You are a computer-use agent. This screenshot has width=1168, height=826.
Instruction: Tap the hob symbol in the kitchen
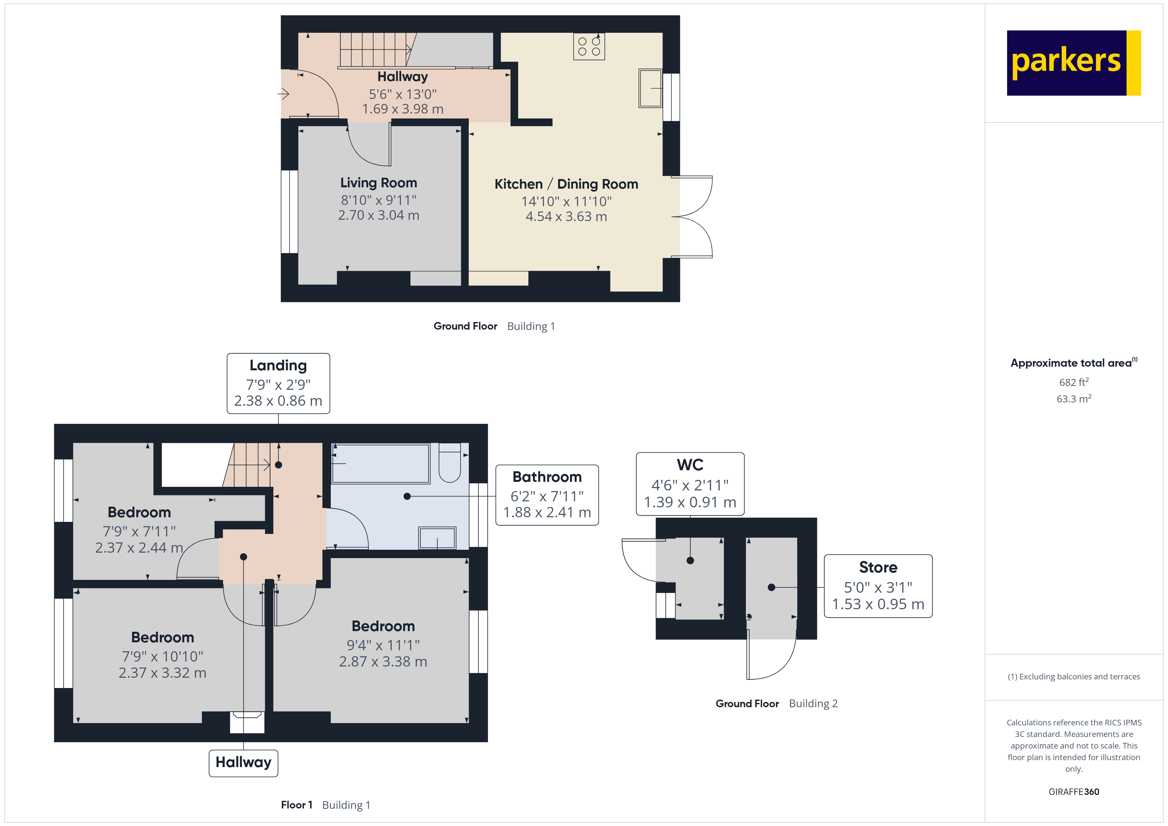(589, 47)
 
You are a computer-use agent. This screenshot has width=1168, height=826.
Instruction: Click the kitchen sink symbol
(650, 88)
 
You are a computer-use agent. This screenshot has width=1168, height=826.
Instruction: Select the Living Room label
(378, 183)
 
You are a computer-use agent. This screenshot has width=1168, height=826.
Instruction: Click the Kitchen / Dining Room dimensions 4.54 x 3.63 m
(566, 217)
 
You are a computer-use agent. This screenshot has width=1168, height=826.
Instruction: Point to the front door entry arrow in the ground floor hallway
(283, 94)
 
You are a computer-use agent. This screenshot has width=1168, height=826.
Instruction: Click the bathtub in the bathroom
(380, 463)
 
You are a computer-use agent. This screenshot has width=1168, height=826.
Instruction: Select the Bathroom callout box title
(547, 477)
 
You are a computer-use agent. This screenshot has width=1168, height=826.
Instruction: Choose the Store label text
(878, 567)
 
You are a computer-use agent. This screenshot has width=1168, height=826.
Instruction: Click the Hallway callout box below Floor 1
(243, 762)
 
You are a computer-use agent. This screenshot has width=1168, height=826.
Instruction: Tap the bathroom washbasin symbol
(437, 538)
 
